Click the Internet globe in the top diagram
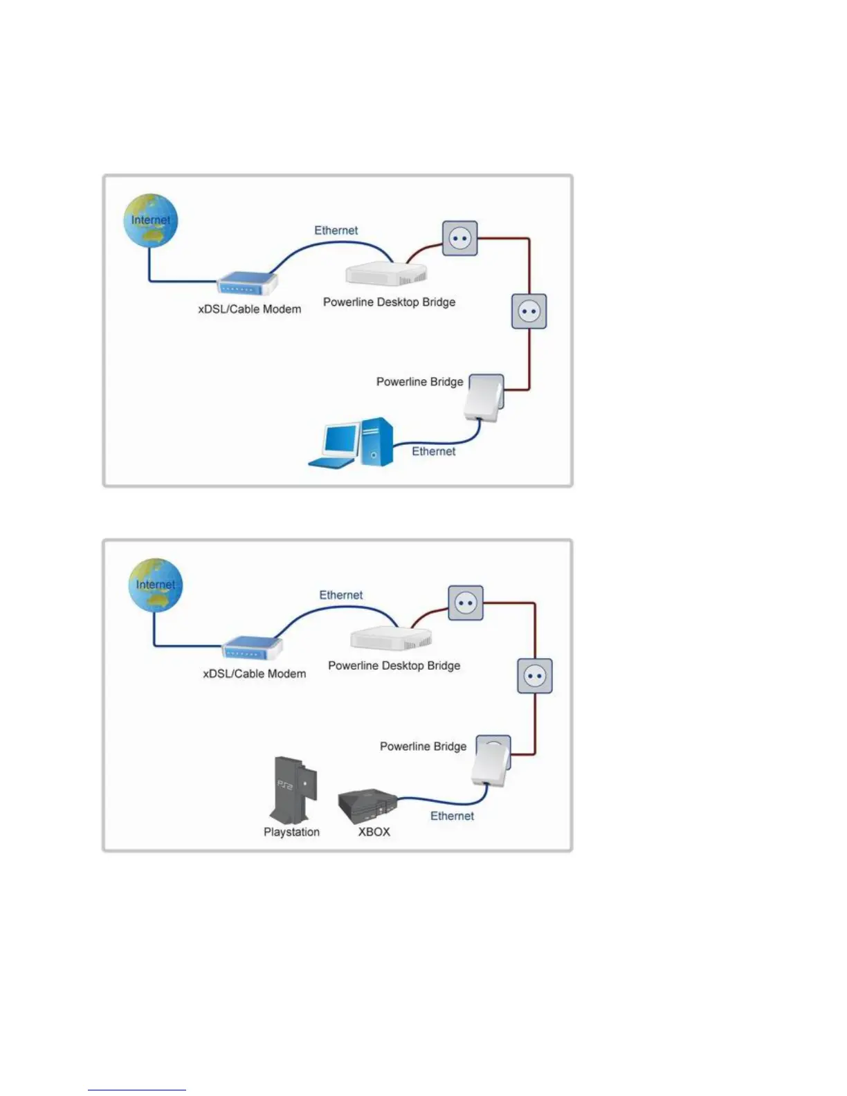pyautogui.click(x=151, y=221)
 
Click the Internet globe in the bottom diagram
pyautogui.click(x=156, y=585)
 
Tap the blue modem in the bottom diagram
pyautogui.click(x=252, y=648)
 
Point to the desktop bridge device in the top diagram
pyautogui.click(x=386, y=273)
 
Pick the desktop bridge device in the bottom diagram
pyautogui.click(x=391, y=638)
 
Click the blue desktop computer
pyautogui.click(x=352, y=444)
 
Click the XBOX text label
pyautogui.click(x=374, y=832)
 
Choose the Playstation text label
pyautogui.click(x=291, y=832)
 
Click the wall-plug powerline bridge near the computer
pyautogui.click(x=485, y=398)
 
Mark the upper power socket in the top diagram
pyautogui.click(x=460, y=239)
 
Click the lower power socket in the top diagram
pyautogui.click(x=529, y=311)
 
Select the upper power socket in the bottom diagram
pyautogui.click(x=466, y=603)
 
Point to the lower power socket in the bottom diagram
pyautogui.click(x=535, y=676)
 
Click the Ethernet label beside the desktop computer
pyautogui.click(x=434, y=451)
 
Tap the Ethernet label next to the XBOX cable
pyautogui.click(x=452, y=816)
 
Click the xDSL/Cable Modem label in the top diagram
pyautogui.click(x=250, y=309)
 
